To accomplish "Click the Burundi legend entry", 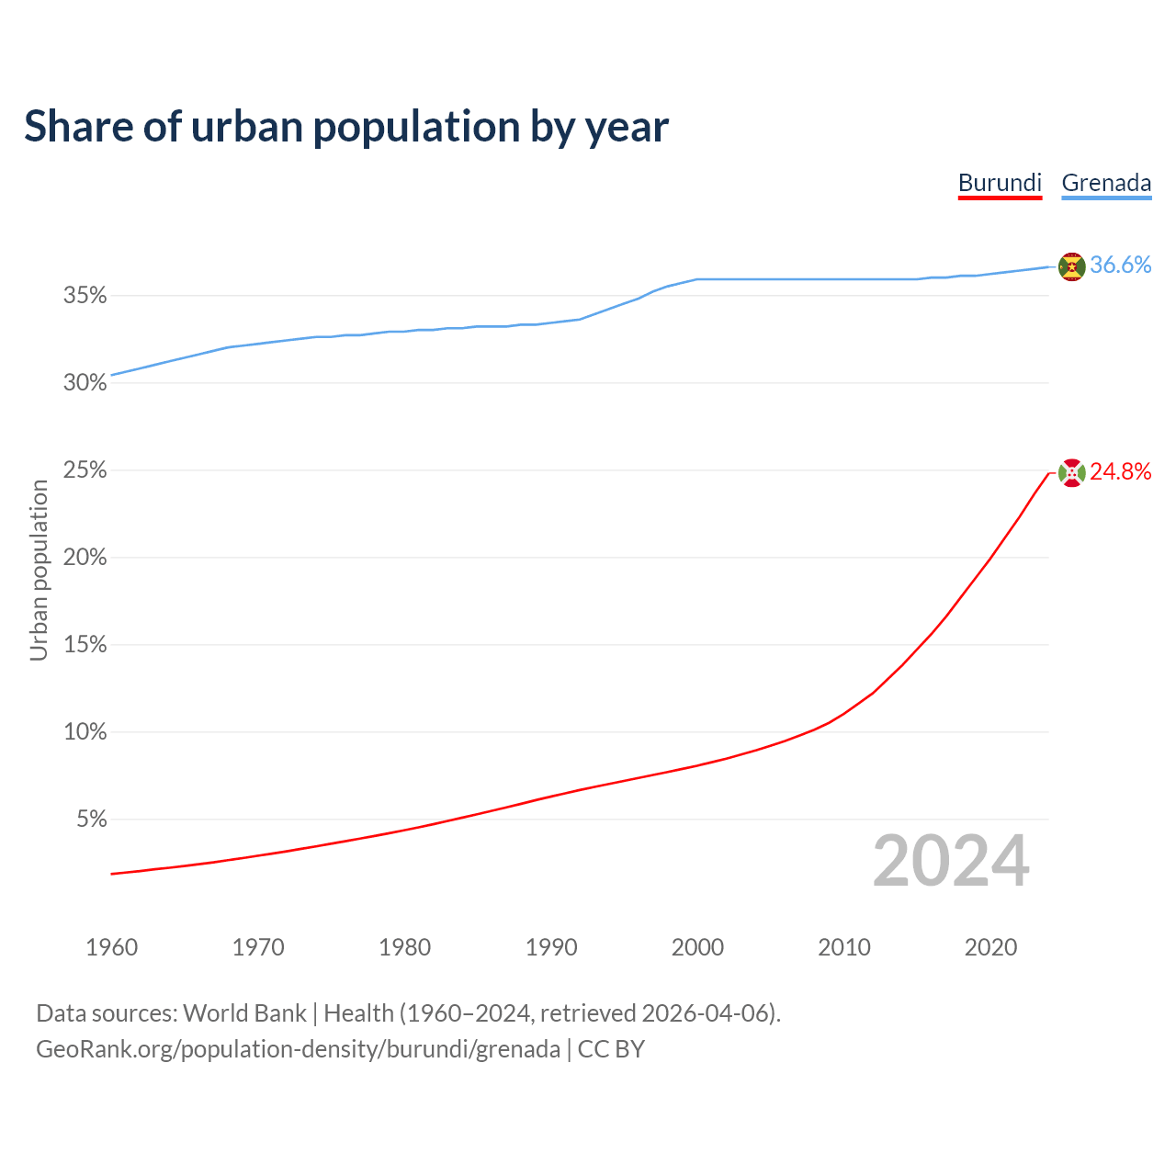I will (x=1000, y=183).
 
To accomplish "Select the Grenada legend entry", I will (x=1106, y=183).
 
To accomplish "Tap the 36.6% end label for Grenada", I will (x=1120, y=266).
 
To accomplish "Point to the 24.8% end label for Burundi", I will (x=1120, y=472).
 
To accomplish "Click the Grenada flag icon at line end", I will (x=1071, y=266).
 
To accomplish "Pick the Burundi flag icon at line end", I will (x=1071, y=472).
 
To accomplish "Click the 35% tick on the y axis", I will (x=85, y=296).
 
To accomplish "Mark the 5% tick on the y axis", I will (x=91, y=820).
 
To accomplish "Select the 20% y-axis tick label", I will (x=85, y=558).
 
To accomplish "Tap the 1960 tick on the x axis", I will (x=112, y=947).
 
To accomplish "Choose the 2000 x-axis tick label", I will (x=697, y=947).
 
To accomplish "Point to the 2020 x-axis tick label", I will (x=990, y=947).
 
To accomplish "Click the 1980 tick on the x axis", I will (x=405, y=947).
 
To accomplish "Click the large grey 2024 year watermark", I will (x=951, y=861).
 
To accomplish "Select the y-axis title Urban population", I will (x=39, y=571).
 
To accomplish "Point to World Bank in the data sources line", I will (x=244, y=1013).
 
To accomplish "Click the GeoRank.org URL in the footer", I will (x=298, y=1049).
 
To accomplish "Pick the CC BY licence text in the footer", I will (x=611, y=1049).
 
